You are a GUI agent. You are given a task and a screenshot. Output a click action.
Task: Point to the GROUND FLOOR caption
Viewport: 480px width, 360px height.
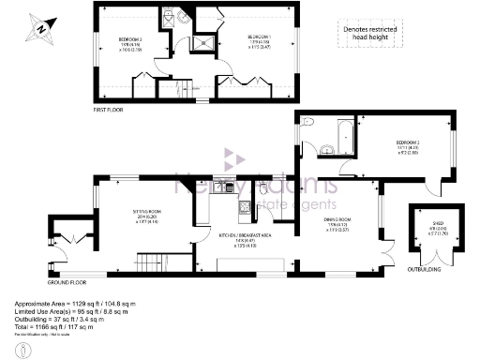click(x=67, y=280)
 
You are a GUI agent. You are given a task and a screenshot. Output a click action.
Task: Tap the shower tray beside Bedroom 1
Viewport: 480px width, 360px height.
click(x=201, y=42)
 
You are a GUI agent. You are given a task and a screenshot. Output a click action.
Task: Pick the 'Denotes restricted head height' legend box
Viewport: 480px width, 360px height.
click(x=373, y=35)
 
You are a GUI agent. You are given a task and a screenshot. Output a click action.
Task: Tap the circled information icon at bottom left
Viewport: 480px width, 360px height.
click(x=28, y=349)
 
